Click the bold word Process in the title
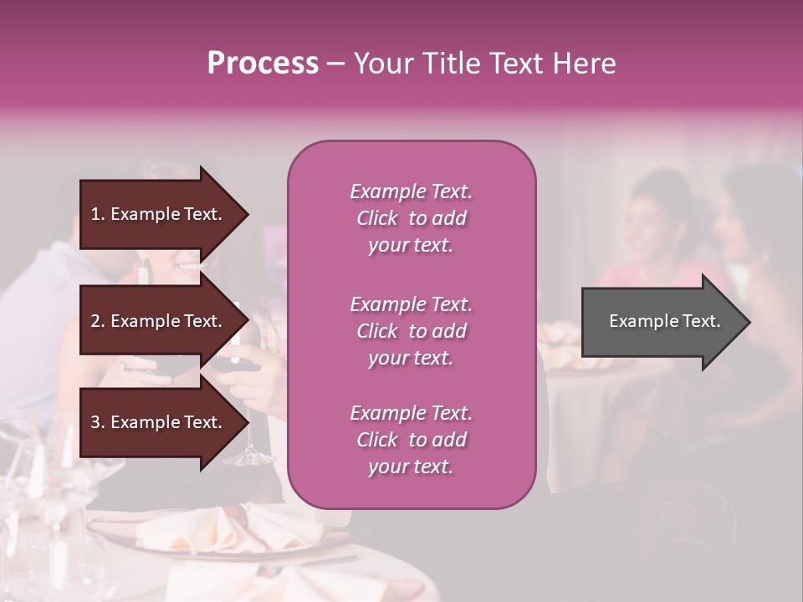[263, 64]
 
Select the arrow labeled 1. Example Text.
[159, 214]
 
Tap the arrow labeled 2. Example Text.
[159, 321]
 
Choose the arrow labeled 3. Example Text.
[159, 422]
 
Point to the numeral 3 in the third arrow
[95, 422]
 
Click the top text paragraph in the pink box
[411, 218]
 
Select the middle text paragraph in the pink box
[411, 331]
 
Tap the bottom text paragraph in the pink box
[411, 440]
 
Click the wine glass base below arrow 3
[249, 458]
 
